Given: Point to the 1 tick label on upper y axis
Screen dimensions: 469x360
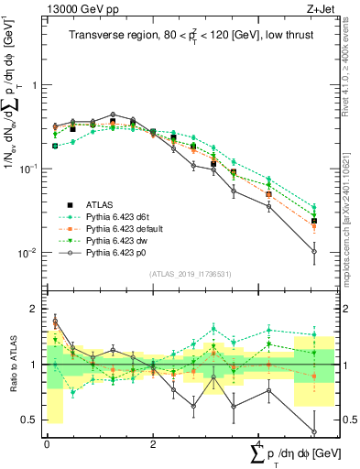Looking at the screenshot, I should point(32,85).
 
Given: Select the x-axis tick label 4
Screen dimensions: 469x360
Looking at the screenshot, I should point(259,443).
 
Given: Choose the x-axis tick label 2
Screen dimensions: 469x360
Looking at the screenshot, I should point(153,443).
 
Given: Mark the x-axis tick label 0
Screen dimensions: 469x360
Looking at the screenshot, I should point(47,443).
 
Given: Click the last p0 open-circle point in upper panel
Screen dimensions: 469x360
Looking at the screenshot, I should point(313,251).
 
